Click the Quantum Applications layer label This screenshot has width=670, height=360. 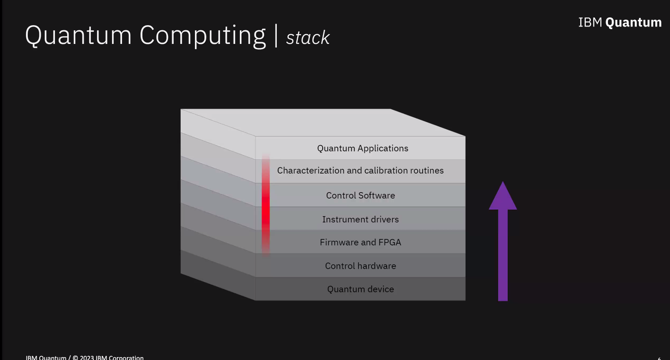tap(362, 149)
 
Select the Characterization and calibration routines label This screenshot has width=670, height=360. tap(360, 171)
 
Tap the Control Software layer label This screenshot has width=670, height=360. tap(360, 195)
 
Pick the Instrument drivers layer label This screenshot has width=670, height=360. tap(360, 220)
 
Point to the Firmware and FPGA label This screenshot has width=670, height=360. tap(360, 242)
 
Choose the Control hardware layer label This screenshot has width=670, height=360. tap(360, 266)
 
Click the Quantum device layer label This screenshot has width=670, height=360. tap(360, 289)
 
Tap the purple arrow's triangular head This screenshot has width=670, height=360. tap(502, 198)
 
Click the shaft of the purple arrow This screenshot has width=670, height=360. tap(502, 255)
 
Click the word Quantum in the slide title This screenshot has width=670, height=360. tap(78, 35)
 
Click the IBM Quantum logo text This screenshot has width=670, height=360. tap(619, 23)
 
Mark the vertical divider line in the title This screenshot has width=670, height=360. tap(276, 35)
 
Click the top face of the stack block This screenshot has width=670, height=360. tap(322, 122)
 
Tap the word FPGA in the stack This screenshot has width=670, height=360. tap(389, 242)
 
